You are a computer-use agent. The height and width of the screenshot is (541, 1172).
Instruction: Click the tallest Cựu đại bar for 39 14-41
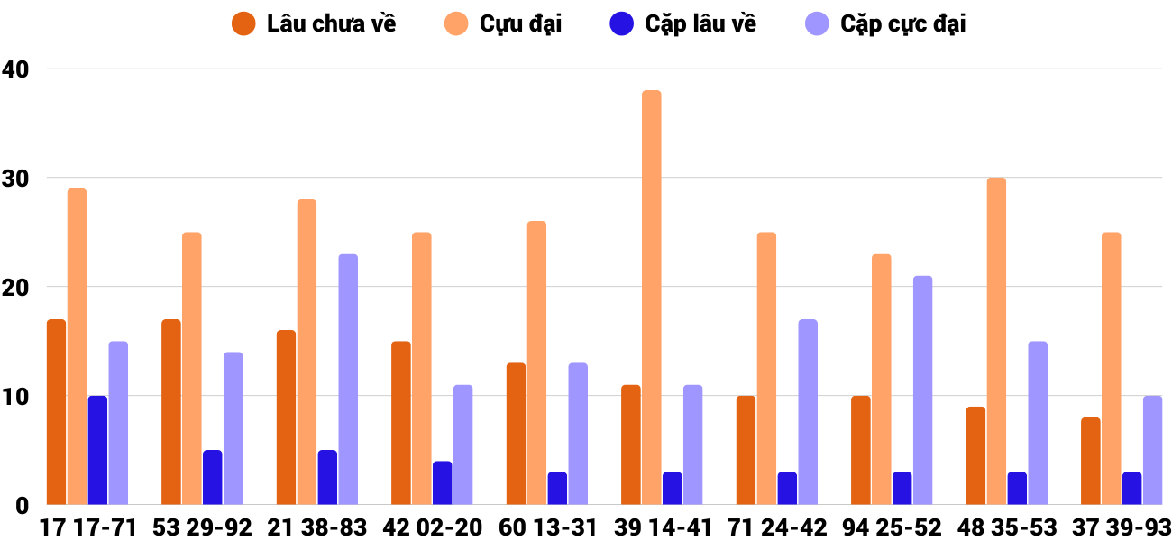coord(651,298)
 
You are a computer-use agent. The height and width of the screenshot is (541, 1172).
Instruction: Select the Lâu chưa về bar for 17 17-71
coord(56,412)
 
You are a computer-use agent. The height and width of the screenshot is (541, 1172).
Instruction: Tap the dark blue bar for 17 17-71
coord(97,450)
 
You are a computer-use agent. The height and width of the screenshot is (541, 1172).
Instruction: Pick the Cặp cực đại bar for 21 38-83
coord(348,380)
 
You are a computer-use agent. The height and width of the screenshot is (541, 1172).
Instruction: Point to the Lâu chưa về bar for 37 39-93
coord(1091,461)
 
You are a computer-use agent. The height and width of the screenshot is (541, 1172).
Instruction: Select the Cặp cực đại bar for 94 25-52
coord(922,390)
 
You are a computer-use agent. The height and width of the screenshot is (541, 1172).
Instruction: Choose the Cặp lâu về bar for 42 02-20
coord(443,482)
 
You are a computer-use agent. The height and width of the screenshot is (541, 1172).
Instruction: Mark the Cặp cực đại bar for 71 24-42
coord(808,412)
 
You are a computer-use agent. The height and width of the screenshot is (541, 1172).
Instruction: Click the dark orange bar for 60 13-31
coord(516,434)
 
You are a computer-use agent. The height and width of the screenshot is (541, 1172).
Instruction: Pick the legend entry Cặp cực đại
coord(902,24)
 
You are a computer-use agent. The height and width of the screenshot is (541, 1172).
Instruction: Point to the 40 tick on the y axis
coord(15,69)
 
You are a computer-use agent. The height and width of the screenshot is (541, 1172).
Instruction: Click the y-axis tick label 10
coord(15,396)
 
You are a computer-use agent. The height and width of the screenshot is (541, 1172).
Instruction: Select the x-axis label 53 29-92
coord(202,527)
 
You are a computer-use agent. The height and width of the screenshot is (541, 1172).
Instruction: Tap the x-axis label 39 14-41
coord(663,527)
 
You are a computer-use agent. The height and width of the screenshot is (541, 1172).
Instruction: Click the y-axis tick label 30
coord(15,178)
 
